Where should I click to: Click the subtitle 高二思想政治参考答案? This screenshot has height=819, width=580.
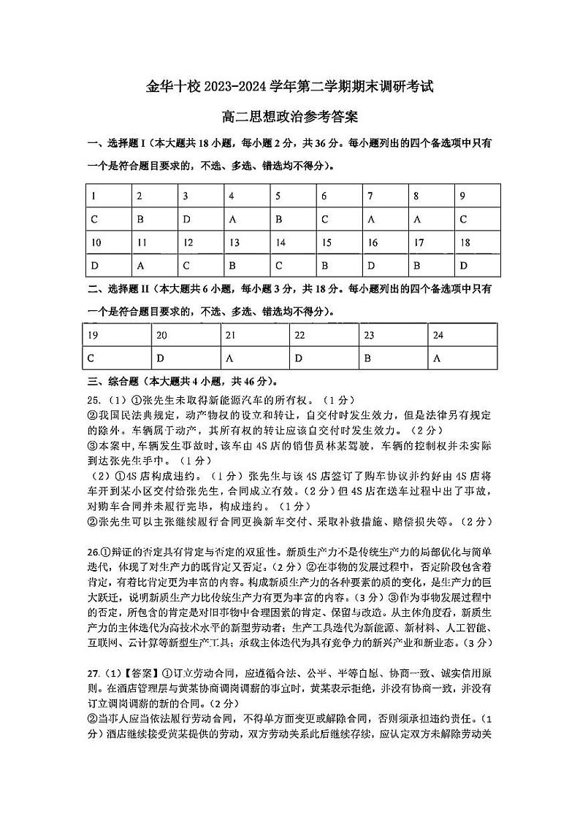pos(289,117)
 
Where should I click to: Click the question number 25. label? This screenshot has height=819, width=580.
pos(94,400)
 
